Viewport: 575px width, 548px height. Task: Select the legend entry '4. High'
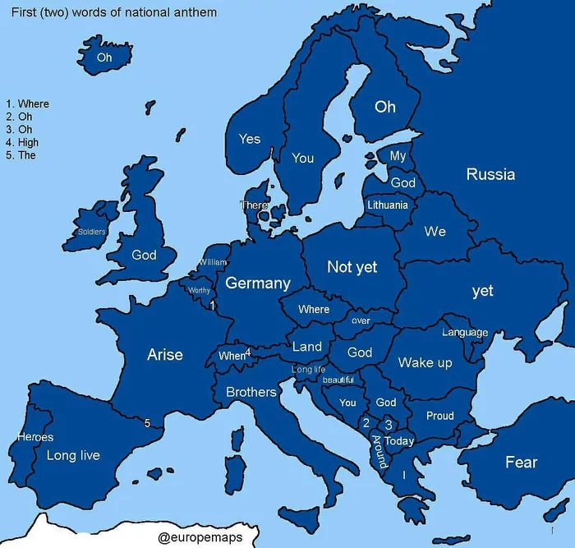coord(22,142)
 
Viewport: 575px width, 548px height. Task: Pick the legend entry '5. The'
coord(21,155)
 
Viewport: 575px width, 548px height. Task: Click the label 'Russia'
coord(490,174)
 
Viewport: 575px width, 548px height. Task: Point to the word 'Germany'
coord(258,283)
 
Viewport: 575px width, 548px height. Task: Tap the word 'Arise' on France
coord(165,355)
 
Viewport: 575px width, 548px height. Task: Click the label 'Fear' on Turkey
coord(521,463)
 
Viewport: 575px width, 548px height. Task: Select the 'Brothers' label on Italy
coord(251,392)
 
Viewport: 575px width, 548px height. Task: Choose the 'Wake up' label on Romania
coord(425,362)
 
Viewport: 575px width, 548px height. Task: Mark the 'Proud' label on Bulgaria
coord(439,416)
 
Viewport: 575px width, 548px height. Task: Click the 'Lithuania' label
coord(388,205)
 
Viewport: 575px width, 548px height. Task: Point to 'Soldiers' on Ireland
coord(91,232)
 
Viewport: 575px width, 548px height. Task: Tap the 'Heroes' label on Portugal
coord(35,437)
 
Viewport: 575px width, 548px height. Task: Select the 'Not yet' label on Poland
coord(352,267)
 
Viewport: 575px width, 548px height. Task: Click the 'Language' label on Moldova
coord(465,333)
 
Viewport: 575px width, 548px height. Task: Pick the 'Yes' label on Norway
coord(250,139)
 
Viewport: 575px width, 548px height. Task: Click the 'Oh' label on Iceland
coord(104,58)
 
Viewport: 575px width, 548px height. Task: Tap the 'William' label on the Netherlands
coord(212,262)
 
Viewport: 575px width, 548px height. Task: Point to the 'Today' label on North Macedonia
coord(400,441)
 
